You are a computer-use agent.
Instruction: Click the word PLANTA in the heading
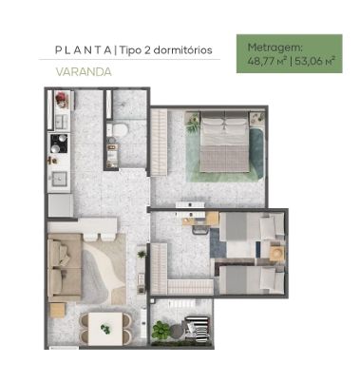click(x=83, y=50)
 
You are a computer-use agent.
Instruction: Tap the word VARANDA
click(x=84, y=72)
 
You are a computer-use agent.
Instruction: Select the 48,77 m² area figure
click(x=267, y=61)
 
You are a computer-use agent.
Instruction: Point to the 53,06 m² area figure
click(x=314, y=61)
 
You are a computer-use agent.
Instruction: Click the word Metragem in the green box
click(x=275, y=48)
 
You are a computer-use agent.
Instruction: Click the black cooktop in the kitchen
click(x=59, y=143)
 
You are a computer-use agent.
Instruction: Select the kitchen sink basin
click(x=59, y=180)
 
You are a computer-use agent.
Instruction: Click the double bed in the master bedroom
click(x=224, y=142)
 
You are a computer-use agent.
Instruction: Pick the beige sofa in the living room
click(x=65, y=267)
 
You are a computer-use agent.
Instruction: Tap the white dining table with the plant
click(x=105, y=329)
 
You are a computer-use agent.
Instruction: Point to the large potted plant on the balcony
click(x=161, y=330)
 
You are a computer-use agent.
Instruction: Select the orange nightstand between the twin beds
click(x=276, y=253)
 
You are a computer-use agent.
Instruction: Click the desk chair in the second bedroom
click(x=200, y=227)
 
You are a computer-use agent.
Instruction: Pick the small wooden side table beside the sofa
click(x=57, y=310)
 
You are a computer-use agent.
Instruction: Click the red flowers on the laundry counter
click(x=62, y=97)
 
